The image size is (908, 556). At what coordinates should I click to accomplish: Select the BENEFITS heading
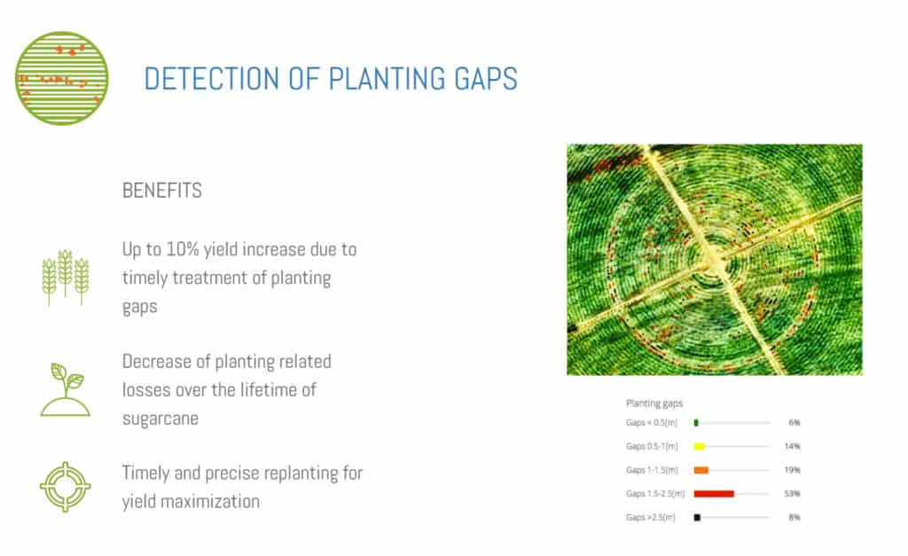pyautogui.click(x=162, y=191)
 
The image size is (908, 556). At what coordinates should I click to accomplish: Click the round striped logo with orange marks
pyautogui.click(x=62, y=78)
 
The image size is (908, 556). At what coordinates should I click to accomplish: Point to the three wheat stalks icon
pyautogui.click(x=66, y=278)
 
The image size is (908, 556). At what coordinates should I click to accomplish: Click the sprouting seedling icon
pyautogui.click(x=66, y=390)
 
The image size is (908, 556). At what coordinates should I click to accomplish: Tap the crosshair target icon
pyautogui.click(x=66, y=487)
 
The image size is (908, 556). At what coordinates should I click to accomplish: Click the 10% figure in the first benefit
pyautogui.click(x=183, y=249)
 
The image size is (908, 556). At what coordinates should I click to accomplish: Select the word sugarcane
pyautogui.click(x=160, y=419)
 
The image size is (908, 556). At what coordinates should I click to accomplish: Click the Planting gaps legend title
pyautogui.click(x=654, y=403)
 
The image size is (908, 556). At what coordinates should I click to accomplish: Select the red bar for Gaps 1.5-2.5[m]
pyautogui.click(x=714, y=494)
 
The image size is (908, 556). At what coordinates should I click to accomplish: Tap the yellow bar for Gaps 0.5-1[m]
pyautogui.click(x=700, y=447)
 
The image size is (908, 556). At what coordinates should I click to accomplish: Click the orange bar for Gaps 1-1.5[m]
pyautogui.click(x=701, y=470)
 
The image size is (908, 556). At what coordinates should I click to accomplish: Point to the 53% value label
pyautogui.click(x=792, y=494)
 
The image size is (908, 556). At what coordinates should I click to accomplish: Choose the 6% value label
pyautogui.click(x=794, y=423)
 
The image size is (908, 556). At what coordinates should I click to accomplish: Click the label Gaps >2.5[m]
pyautogui.click(x=650, y=517)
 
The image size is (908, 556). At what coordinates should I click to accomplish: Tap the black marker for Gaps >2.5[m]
pyautogui.click(x=697, y=518)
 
